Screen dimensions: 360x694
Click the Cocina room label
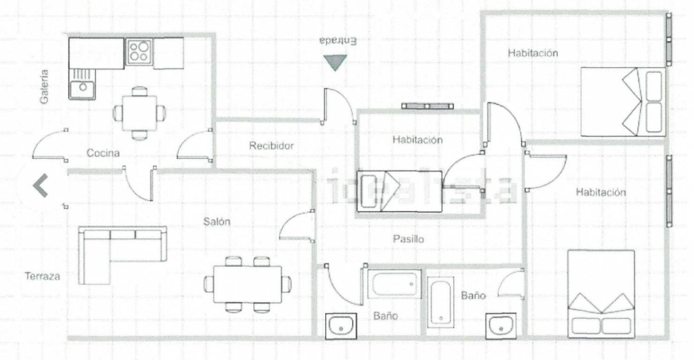coord(103,153)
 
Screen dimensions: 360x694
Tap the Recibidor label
coord(271,146)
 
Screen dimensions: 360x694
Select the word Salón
coord(217,222)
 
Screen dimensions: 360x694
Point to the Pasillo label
coord(408,239)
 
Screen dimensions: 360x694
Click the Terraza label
coord(43,276)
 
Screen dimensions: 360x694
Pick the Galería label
coord(45,86)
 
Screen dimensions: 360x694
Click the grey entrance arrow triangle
coord(335,62)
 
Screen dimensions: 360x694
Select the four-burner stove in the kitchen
coord(139,52)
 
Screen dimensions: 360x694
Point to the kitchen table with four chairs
coord(139,113)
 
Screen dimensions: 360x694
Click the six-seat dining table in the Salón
coord(247,284)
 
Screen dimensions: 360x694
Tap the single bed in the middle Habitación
coord(399,192)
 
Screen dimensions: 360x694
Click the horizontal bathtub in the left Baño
coord(394,284)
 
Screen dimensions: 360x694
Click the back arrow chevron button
coord(40,186)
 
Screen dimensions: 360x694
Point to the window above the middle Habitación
coord(427,106)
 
